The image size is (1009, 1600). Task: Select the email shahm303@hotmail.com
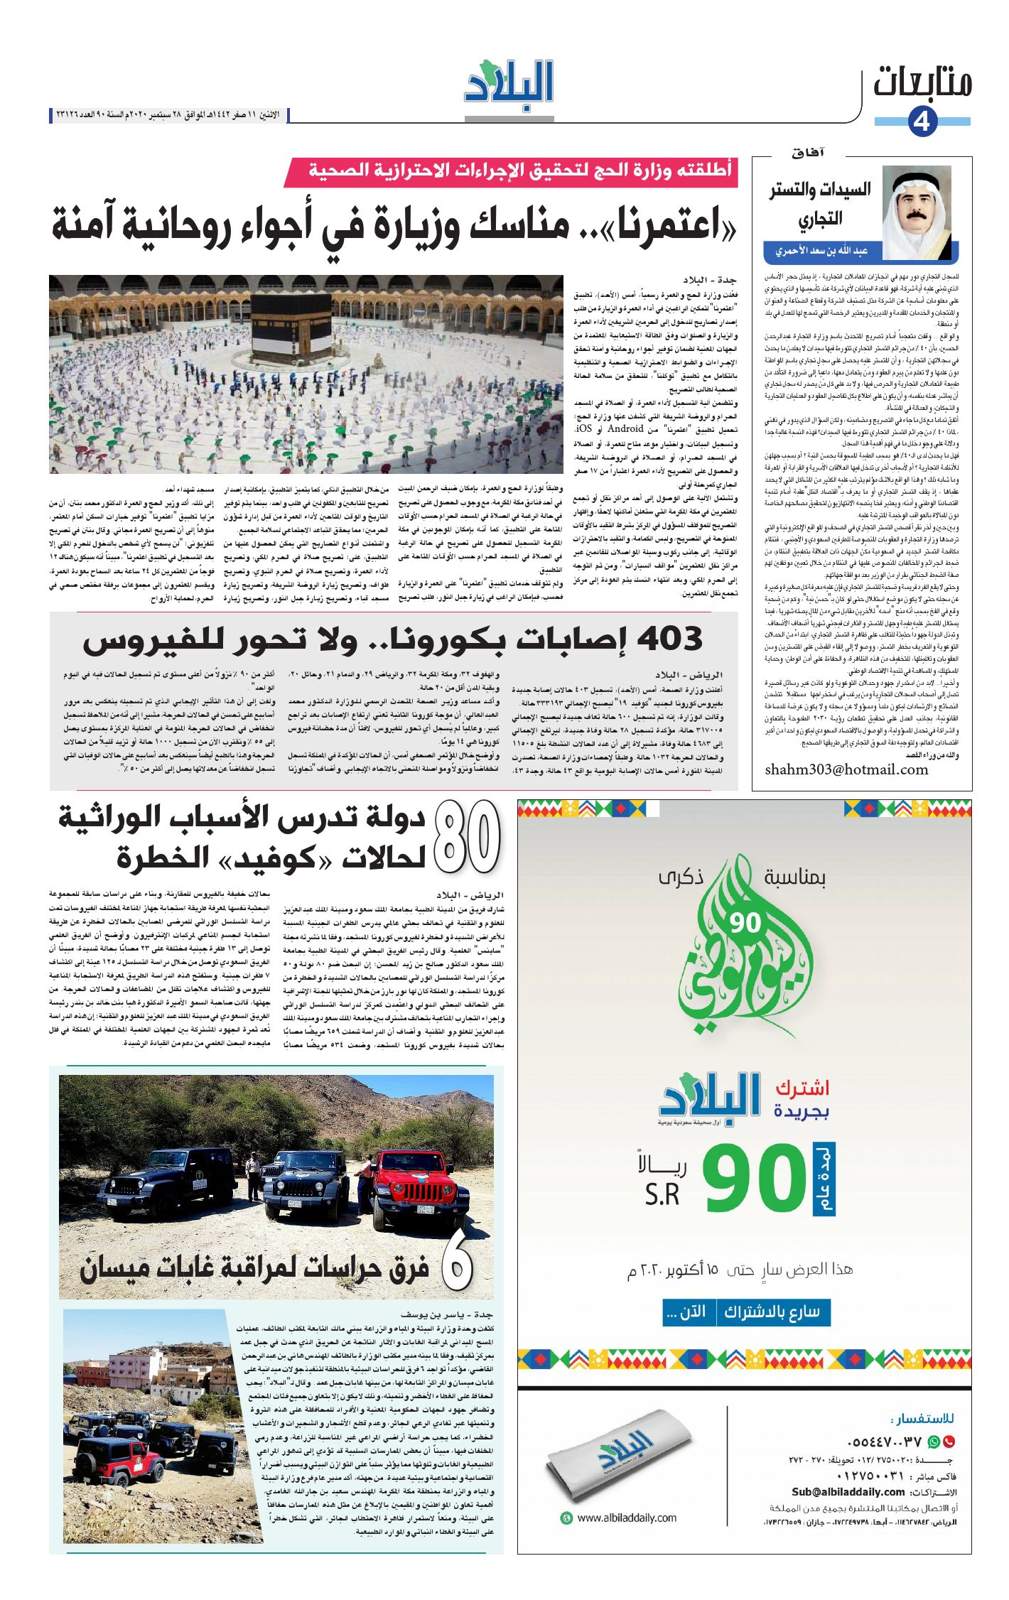[846, 770]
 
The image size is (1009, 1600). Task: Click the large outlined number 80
[467, 836]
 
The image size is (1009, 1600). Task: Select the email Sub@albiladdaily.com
[848, 1492]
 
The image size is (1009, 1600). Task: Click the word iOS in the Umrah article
[583, 428]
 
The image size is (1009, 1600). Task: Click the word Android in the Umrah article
[625, 428]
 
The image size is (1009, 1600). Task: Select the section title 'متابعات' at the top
[922, 82]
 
